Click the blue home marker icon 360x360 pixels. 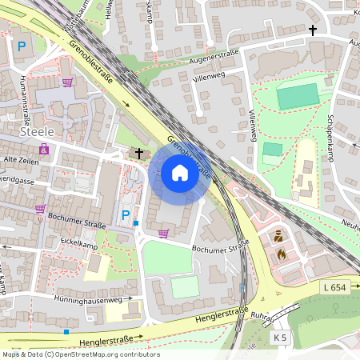(x=179, y=173)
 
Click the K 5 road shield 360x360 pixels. (x=279, y=338)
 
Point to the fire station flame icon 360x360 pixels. (x=281, y=254)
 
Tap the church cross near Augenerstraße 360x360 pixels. (x=313, y=30)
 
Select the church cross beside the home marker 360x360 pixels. (x=139, y=152)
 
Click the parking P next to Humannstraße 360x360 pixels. (x=22, y=47)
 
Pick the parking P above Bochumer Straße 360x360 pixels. (x=125, y=214)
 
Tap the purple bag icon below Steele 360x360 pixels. (x=43, y=149)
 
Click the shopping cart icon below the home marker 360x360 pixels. (x=163, y=234)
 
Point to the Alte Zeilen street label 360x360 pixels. (x=22, y=160)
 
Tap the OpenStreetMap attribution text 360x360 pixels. (x=80, y=354)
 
